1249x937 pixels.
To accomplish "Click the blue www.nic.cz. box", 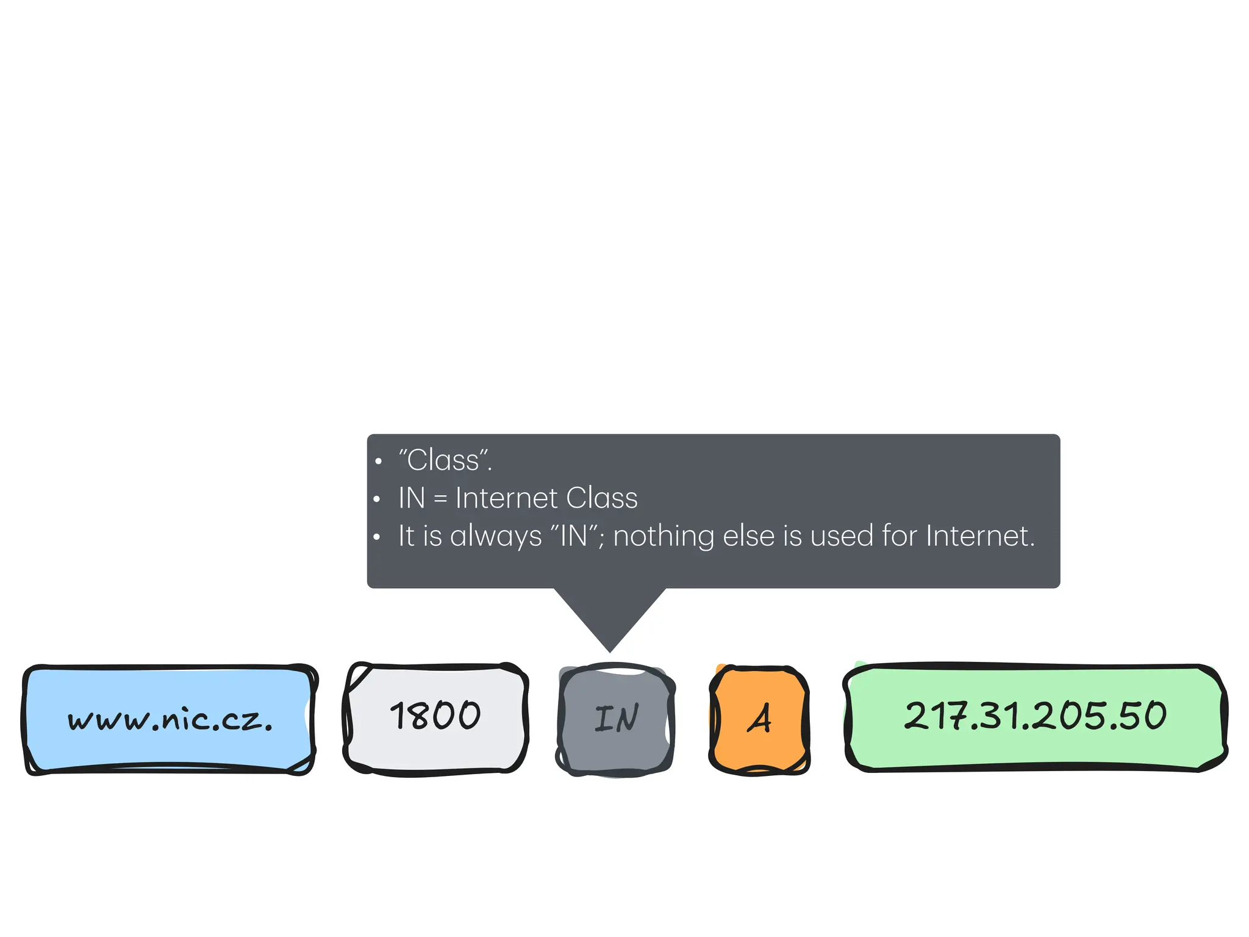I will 169,720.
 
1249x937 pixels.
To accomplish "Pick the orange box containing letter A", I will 759,720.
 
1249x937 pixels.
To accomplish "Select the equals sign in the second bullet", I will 440,499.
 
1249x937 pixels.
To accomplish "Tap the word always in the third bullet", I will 496,536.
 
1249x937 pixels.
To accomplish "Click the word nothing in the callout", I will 664,536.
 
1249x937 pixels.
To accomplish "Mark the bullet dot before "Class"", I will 378,462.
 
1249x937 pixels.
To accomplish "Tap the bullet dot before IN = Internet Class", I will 377,500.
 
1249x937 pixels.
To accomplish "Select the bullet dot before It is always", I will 377,537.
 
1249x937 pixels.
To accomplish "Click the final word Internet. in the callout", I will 980,536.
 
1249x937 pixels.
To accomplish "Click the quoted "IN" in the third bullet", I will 574,536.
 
